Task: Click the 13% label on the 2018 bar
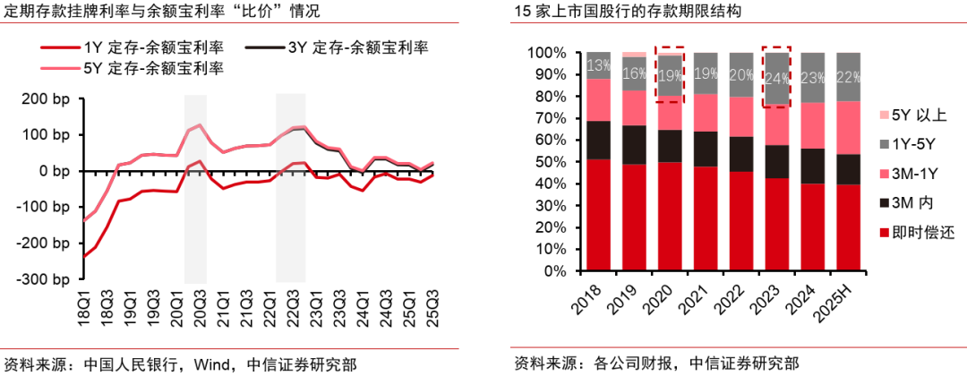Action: (598, 65)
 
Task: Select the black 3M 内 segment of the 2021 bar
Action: (706, 149)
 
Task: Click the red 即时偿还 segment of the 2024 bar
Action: (812, 227)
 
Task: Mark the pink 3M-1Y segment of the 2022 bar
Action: (740, 116)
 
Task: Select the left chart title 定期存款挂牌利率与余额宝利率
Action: (116, 13)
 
